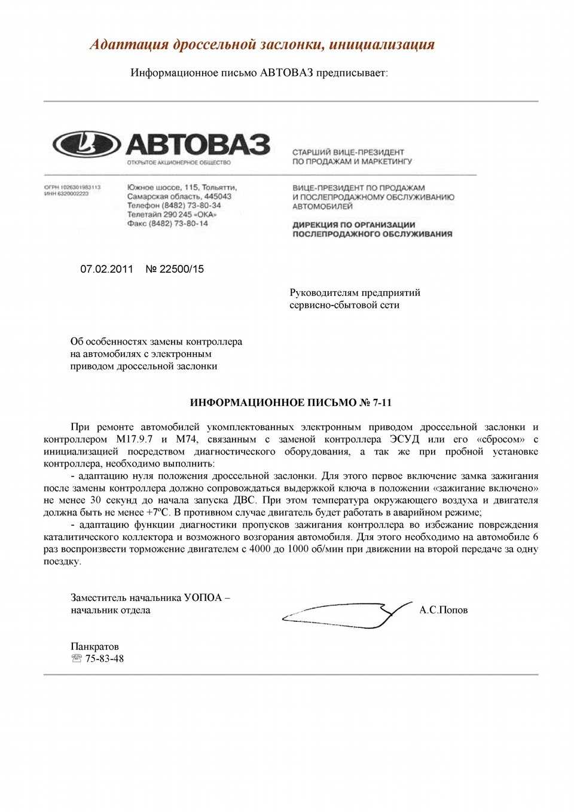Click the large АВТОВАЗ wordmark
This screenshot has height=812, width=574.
pyautogui.click(x=197, y=145)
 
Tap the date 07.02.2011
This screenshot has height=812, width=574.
pyautogui.click(x=106, y=269)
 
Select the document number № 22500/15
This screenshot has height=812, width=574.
pyautogui.click(x=175, y=269)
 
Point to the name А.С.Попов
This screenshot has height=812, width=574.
pyautogui.click(x=443, y=610)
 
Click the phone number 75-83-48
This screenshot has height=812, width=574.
pyautogui.click(x=105, y=658)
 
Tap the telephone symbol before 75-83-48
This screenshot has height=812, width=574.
pyautogui.click(x=77, y=658)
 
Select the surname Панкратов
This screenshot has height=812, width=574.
pyautogui.click(x=94, y=646)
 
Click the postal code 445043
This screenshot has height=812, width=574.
pyautogui.click(x=218, y=196)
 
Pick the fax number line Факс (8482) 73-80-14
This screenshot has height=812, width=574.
pyautogui.click(x=167, y=223)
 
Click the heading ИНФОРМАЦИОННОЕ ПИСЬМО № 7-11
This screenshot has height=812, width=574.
pyautogui.click(x=291, y=402)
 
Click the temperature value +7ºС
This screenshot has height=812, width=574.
pyautogui.click(x=158, y=512)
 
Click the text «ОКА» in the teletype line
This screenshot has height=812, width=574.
pyautogui.click(x=205, y=214)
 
